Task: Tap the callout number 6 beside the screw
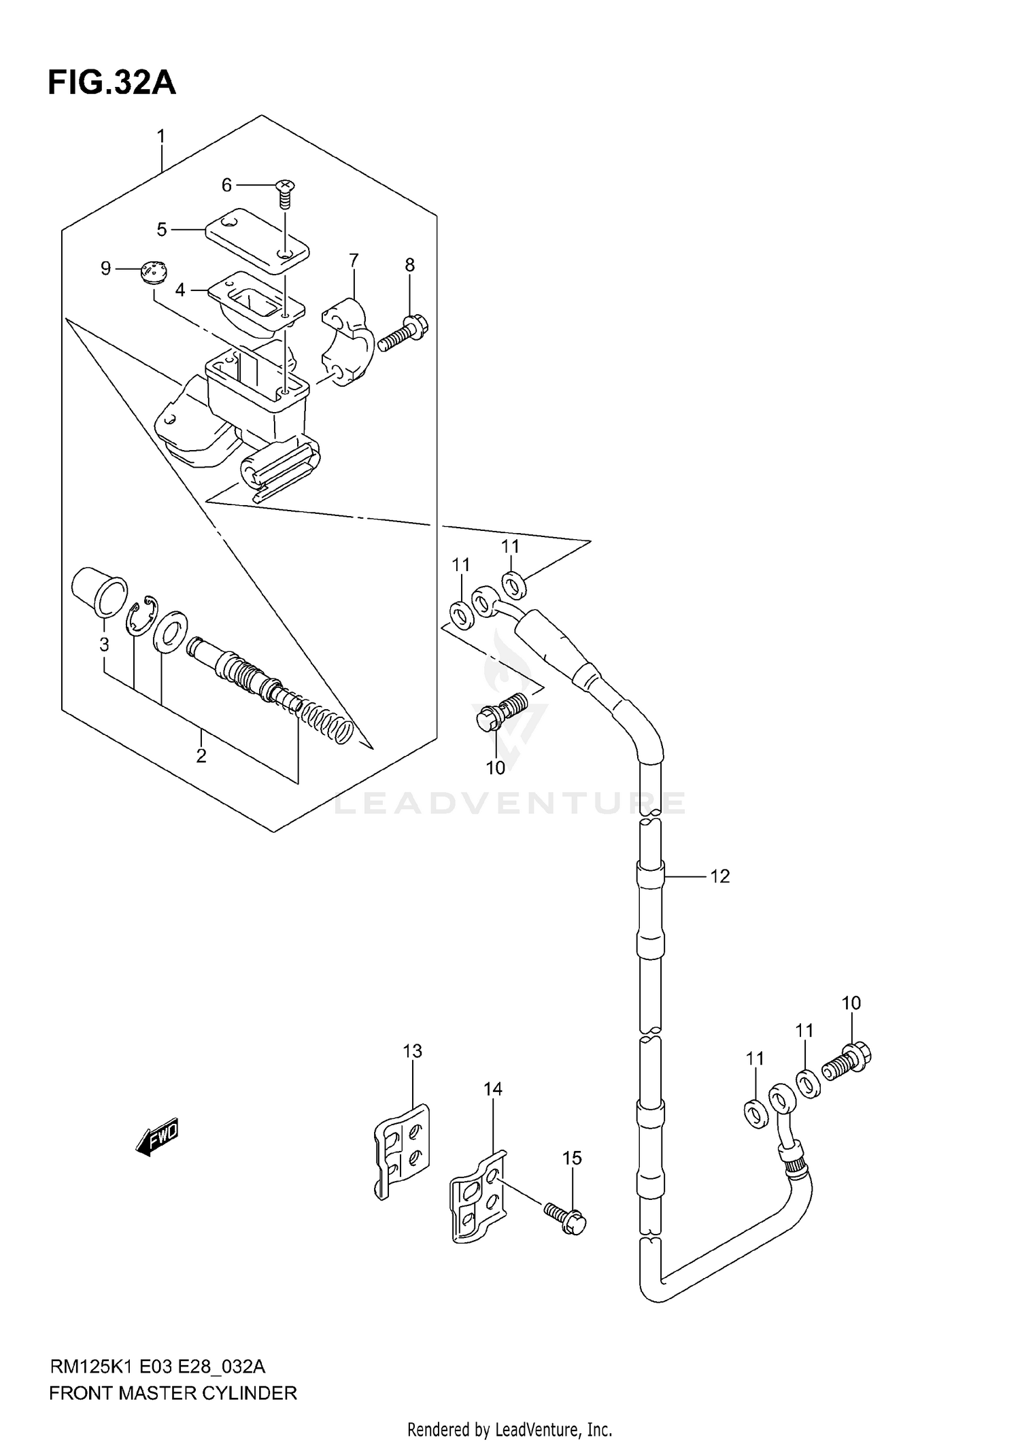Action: click(x=227, y=185)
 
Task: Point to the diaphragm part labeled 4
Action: click(x=252, y=301)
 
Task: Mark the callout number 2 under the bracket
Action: click(x=201, y=755)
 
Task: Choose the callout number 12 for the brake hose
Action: click(x=719, y=876)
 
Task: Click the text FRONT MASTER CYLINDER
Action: click(x=173, y=1393)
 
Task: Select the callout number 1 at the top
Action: click(x=161, y=137)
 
